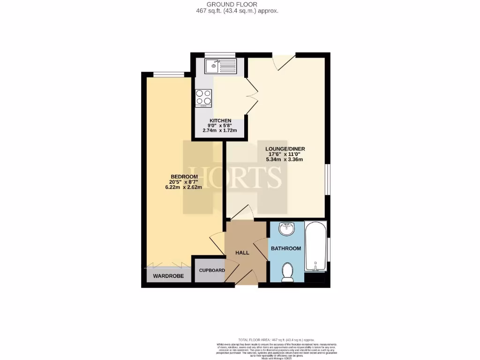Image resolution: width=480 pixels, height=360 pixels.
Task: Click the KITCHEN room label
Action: click(220, 121)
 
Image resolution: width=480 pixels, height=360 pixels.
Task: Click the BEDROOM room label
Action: click(183, 176)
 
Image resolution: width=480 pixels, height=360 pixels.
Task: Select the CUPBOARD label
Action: click(212, 270)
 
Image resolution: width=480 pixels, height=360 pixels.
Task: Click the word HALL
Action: click(242, 253)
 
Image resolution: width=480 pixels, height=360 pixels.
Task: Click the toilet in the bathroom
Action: click(287, 272)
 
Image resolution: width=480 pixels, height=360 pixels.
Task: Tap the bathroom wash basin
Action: click(286, 229)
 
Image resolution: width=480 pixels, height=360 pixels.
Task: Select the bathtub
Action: click(315, 246)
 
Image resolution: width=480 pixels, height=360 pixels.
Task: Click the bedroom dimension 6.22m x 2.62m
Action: click(183, 187)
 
